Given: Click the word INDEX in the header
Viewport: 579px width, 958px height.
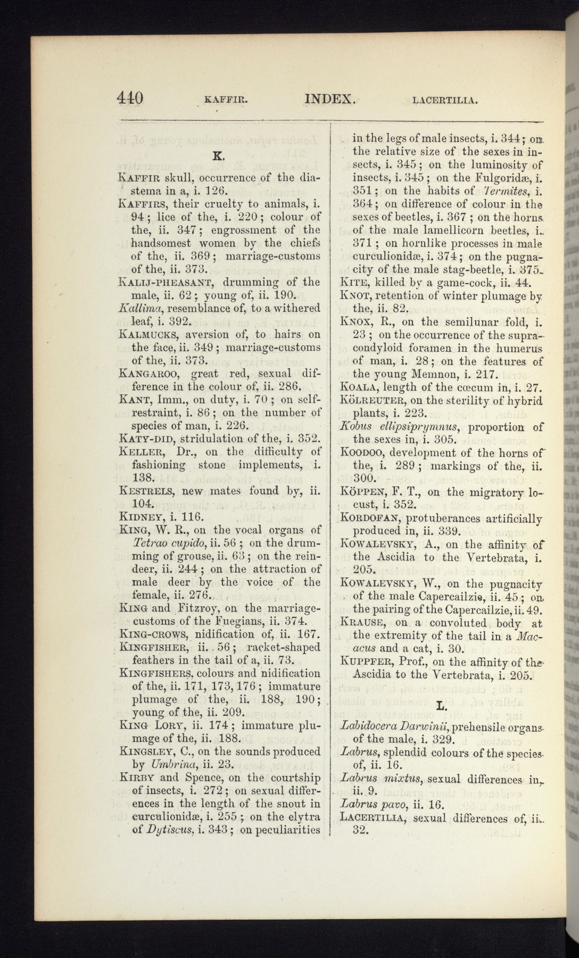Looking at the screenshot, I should coord(329,98).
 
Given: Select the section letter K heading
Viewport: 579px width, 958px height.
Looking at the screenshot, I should coord(217,156).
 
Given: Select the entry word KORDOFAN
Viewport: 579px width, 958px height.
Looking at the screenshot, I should coord(370,517).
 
